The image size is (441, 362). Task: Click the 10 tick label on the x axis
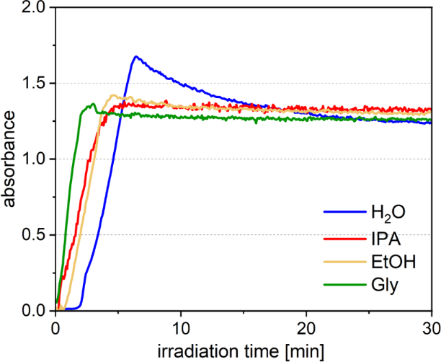point(181,325)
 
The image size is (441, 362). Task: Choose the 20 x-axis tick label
point(306,325)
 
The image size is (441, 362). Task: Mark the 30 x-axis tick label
point(430,325)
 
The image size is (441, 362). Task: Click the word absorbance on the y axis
point(10,159)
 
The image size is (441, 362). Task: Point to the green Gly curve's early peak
point(93,105)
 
